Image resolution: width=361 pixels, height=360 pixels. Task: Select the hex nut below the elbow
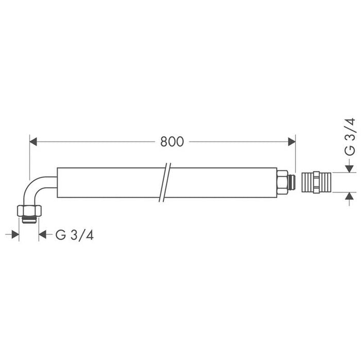[x=29, y=210]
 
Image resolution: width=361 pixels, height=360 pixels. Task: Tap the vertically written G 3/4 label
[x=350, y=136]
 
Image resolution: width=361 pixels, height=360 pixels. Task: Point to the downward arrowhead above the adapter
[x=350, y=168]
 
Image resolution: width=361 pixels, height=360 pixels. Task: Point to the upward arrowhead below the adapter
[x=350, y=196]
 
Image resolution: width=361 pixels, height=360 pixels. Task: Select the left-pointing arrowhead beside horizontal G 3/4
[x=43, y=235]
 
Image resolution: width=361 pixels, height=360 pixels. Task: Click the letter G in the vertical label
[x=350, y=150]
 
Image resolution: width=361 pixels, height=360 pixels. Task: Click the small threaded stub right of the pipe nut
[x=293, y=183]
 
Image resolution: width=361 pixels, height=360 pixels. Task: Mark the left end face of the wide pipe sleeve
[x=57, y=183]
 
